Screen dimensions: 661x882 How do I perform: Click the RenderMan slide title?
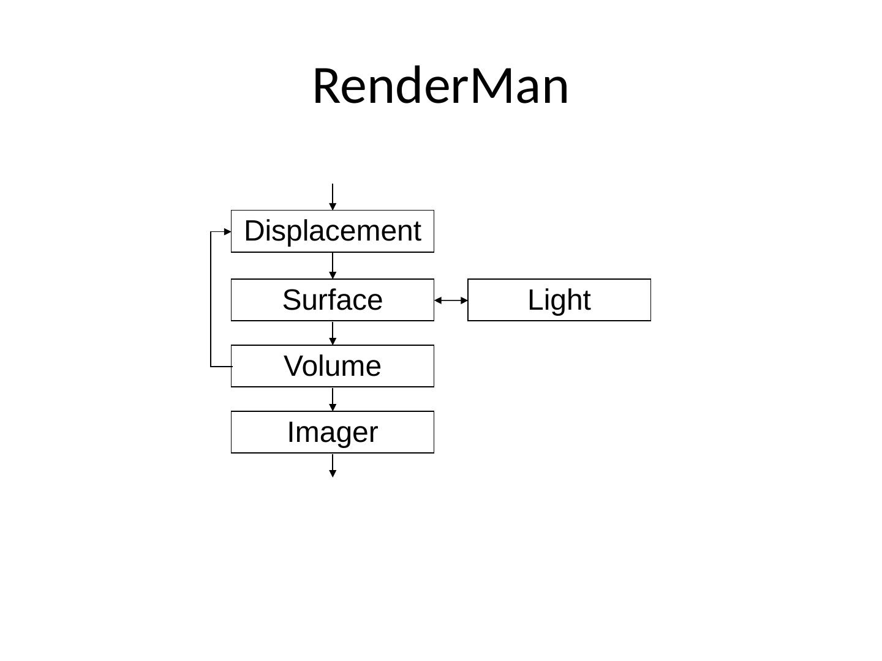tap(440, 86)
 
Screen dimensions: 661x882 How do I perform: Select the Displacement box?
tap(333, 231)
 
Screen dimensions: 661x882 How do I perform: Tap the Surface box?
tap(333, 300)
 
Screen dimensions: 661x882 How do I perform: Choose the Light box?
tap(559, 300)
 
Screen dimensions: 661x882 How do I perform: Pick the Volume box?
tap(333, 366)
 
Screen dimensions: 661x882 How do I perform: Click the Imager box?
tap(333, 432)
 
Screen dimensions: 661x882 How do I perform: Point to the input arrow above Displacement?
tap(333, 196)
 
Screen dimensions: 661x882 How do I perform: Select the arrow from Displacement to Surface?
tap(333, 266)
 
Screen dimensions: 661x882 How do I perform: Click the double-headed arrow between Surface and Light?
tap(451, 301)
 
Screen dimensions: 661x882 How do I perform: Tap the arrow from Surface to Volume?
tap(333, 333)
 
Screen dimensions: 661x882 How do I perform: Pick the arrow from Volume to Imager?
tap(333, 399)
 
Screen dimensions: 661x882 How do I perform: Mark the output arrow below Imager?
tap(333, 465)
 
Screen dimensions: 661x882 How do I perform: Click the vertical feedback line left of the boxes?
tap(211, 299)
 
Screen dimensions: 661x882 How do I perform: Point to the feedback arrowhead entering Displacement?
tap(228, 232)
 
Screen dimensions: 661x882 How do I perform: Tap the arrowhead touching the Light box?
tap(464, 301)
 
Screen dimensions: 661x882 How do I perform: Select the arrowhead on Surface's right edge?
tap(438, 301)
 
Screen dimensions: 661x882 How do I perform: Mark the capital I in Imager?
tap(291, 432)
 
